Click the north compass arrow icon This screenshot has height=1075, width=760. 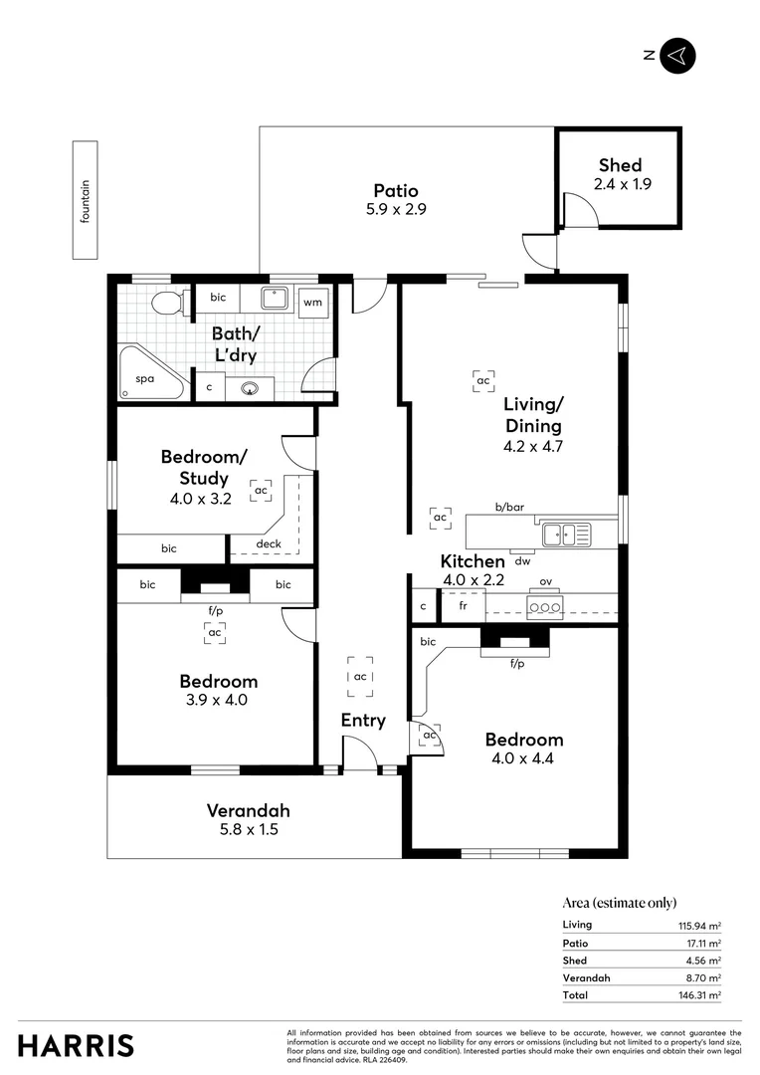point(677,56)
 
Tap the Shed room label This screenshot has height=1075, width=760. point(620,165)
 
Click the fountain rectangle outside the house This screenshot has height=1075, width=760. point(86,200)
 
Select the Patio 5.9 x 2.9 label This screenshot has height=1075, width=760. point(395,199)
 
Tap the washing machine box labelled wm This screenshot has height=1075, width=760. point(312,302)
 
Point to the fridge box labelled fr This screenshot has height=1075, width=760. point(463,605)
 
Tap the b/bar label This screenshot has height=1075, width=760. point(509,507)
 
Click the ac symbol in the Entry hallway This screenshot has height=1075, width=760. point(360,677)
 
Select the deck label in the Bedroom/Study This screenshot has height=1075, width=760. point(269,543)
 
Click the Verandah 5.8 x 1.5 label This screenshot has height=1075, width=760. point(249,819)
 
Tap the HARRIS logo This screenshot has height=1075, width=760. point(76,1045)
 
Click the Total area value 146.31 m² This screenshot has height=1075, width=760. point(699,994)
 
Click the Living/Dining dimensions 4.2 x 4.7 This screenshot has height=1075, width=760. point(533,447)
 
